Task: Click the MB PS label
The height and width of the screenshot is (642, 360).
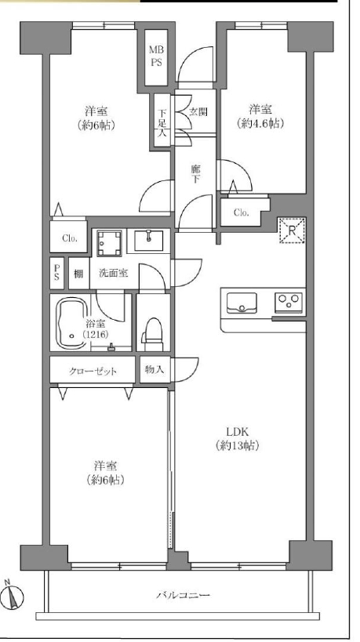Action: (156, 56)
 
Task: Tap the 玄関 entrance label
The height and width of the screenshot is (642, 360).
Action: (198, 112)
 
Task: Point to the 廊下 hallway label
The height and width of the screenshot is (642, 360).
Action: (196, 173)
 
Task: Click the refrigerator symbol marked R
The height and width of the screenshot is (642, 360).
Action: (292, 230)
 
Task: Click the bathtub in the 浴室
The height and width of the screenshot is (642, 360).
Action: (72, 323)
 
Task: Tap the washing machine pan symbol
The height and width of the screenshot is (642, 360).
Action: (109, 243)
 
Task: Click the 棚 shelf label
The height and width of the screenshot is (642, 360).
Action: (78, 274)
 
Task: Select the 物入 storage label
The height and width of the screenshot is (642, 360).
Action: (155, 370)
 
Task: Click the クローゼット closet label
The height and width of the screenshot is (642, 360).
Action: (93, 372)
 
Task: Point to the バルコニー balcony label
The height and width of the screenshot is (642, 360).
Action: (183, 595)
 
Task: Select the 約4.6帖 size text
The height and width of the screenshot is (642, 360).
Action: (260, 123)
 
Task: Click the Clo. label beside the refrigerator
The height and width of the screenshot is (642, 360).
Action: (242, 212)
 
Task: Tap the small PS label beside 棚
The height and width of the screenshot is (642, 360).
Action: (56, 273)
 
